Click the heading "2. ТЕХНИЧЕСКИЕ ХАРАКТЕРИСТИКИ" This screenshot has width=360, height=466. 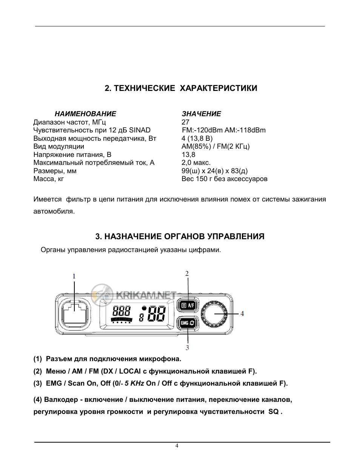coord(181,88)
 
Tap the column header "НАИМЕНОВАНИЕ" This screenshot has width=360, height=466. coord(85,114)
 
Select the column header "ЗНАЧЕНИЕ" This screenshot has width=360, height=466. coord(201,114)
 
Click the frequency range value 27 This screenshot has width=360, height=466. coord(185,122)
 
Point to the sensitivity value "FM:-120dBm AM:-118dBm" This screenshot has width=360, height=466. coord(223,130)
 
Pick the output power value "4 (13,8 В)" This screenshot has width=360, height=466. coord(197,138)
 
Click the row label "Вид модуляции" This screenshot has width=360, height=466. coord(58,146)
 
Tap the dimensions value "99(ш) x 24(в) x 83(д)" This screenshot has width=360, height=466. coord(214,171)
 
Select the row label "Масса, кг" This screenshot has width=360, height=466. coord(48,179)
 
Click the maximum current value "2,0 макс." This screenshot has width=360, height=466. coord(196,163)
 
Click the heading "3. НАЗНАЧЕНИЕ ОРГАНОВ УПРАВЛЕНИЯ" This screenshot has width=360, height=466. coord(180,237)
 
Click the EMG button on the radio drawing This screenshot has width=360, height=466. coord(188,323)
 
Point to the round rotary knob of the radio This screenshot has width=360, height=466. coord(215,314)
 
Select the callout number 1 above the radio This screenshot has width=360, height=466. coord(74,276)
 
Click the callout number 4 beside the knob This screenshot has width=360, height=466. coord(242,314)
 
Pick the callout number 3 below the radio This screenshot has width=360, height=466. coord(187,348)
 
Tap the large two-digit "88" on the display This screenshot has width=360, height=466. coord(157,314)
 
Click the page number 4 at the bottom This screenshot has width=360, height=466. coord(177,446)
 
